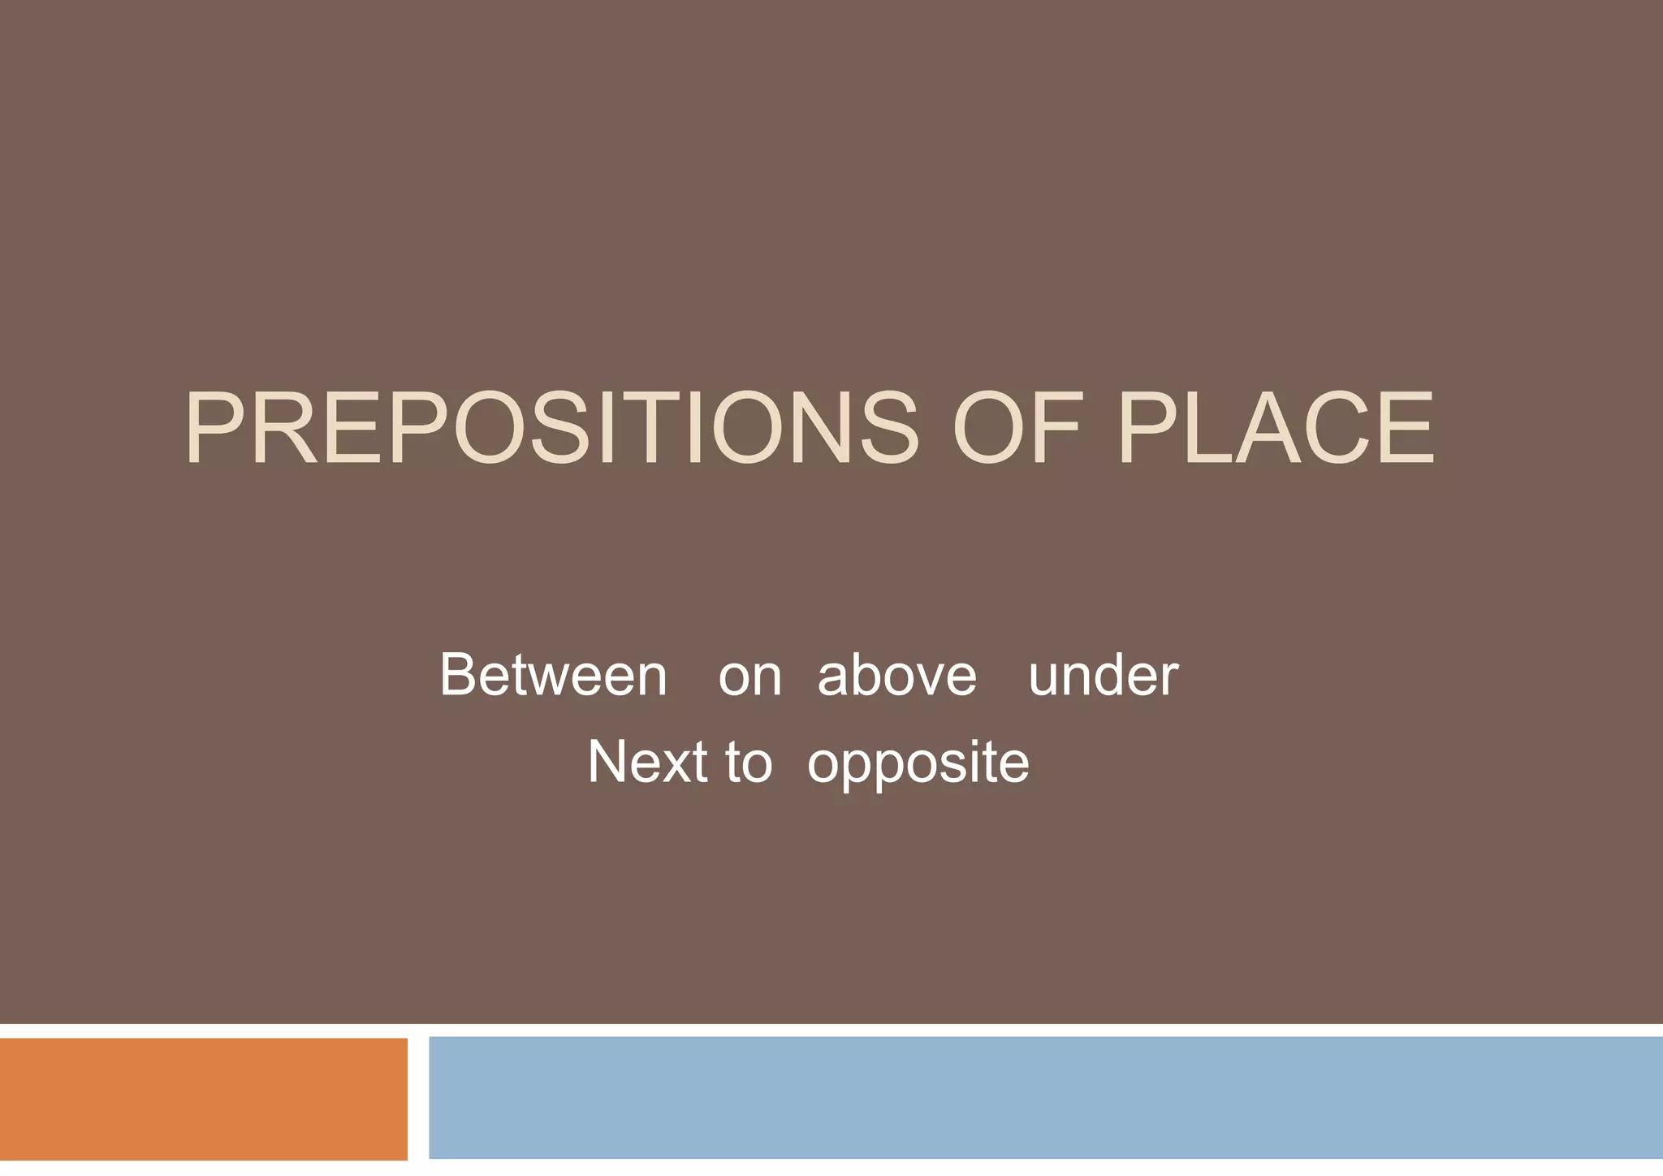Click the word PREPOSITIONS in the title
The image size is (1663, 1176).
click(x=552, y=429)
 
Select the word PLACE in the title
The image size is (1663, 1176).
click(x=1276, y=429)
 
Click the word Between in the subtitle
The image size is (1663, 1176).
click(x=553, y=675)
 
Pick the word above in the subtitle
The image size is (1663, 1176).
click(x=896, y=675)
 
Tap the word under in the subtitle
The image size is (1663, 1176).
click(x=1103, y=675)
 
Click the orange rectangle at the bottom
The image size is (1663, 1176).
click(x=203, y=1098)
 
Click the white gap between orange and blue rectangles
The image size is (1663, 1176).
click(x=418, y=1098)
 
